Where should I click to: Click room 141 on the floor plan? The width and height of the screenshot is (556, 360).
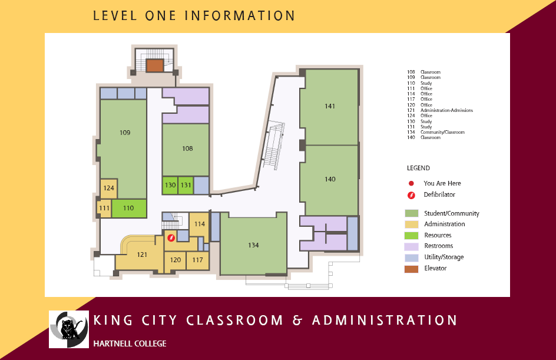click(x=329, y=107)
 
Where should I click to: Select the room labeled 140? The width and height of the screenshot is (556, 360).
click(x=329, y=180)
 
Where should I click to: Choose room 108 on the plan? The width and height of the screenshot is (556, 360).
click(x=186, y=150)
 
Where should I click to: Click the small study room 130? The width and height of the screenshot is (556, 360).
click(x=170, y=185)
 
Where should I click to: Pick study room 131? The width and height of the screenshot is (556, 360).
click(x=186, y=185)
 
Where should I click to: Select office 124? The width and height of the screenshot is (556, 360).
click(x=108, y=189)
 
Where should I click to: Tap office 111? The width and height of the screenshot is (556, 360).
click(x=104, y=208)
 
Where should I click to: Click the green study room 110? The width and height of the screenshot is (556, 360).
click(x=129, y=208)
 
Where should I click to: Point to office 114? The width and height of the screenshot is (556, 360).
click(x=199, y=224)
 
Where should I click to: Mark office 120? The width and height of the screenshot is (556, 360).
click(x=175, y=260)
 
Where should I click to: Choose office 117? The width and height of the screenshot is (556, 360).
click(x=197, y=260)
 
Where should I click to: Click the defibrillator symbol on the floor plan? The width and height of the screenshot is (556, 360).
click(x=171, y=237)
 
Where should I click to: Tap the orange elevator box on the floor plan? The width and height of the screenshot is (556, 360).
click(x=155, y=65)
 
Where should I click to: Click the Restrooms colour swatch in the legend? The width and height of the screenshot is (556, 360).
click(x=411, y=246)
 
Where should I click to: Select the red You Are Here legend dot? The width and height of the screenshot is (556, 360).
click(x=411, y=183)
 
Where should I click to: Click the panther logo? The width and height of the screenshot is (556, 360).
click(x=69, y=329)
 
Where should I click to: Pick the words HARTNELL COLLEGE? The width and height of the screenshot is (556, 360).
click(x=130, y=344)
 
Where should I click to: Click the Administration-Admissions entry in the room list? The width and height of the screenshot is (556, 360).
click(x=447, y=110)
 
